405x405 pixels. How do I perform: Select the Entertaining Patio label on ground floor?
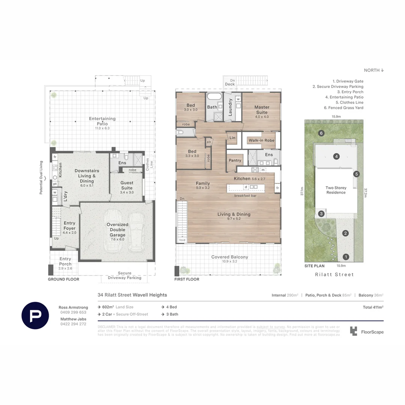(x=102, y=121)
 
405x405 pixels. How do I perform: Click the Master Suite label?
(x=262, y=110)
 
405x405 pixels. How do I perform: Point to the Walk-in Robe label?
(x=261, y=140)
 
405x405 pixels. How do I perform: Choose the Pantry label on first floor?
(x=235, y=160)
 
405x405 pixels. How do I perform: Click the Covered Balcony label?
(x=229, y=257)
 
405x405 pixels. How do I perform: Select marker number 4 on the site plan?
(x=337, y=156)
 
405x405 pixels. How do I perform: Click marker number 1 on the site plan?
(x=346, y=257)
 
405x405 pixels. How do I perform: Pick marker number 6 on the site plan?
(x=321, y=133)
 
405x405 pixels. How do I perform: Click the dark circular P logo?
(x=35, y=315)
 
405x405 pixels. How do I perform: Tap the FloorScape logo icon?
(x=354, y=331)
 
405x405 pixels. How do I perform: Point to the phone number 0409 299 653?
(x=72, y=312)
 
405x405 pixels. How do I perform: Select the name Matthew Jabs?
(x=73, y=319)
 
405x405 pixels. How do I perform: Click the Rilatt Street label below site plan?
(x=334, y=274)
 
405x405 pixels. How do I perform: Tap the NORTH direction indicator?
(x=373, y=70)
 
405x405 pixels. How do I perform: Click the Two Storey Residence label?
(x=336, y=190)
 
